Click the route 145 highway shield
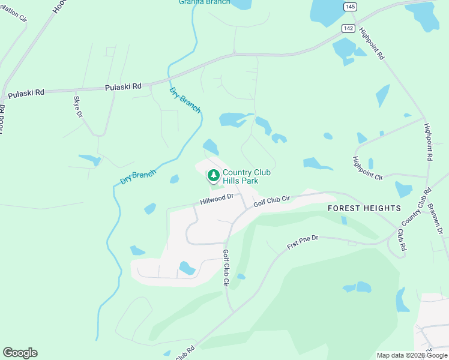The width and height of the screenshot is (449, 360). pyautogui.click(x=350, y=6)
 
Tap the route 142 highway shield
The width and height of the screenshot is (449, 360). pyautogui.click(x=349, y=28)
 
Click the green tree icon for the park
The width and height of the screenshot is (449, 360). pyautogui.click(x=212, y=176)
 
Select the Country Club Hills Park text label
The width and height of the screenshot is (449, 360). pyautogui.click(x=246, y=176)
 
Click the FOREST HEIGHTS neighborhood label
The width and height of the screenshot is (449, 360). pyautogui.click(x=364, y=208)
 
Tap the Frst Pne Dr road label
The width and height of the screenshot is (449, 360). pyautogui.click(x=303, y=242)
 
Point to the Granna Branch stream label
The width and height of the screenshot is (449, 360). pyautogui.click(x=204, y=2)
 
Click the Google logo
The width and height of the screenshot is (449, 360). pyautogui.click(x=20, y=353)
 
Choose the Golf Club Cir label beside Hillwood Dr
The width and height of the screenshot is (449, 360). pyautogui.click(x=271, y=200)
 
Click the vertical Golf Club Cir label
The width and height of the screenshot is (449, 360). pyautogui.click(x=227, y=268)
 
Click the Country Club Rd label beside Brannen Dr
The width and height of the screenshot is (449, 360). pyautogui.click(x=417, y=207)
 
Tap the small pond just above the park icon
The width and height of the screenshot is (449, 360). pyautogui.click(x=211, y=146)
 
